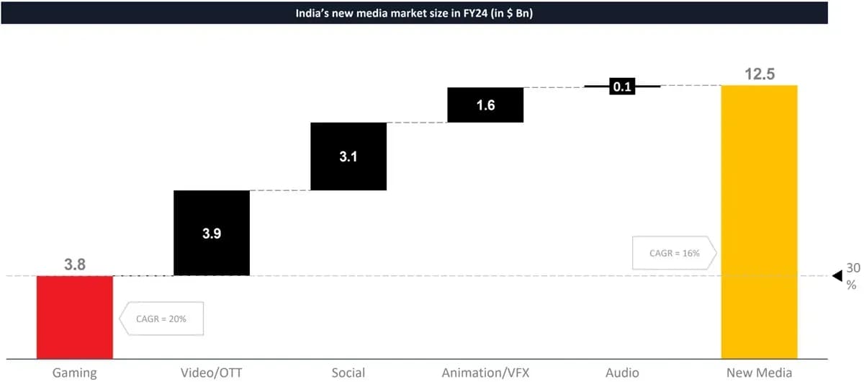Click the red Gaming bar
coord(75,317)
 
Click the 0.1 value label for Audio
coord(622,86)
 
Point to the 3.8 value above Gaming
coord(75,265)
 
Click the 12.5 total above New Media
coord(759,74)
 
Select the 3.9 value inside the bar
coord(212,234)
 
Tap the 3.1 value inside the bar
coord(348,156)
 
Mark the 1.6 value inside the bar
coord(485,105)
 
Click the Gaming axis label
coord(75,373)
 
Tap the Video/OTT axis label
coord(212,373)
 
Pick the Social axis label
coord(348,373)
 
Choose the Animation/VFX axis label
coord(485,373)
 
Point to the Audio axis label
coord(622,373)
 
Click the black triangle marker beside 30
coord(837,276)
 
